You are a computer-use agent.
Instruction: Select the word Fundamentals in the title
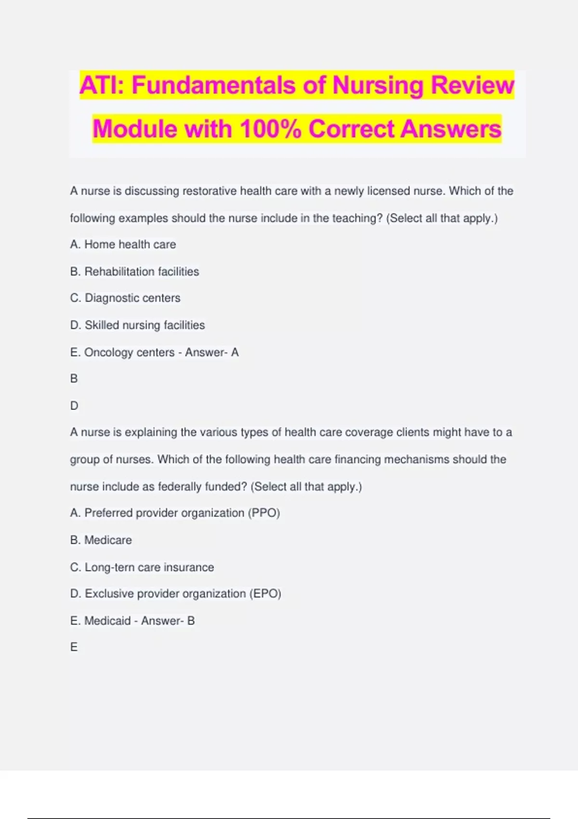[213, 85]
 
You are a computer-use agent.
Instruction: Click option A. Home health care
[123, 244]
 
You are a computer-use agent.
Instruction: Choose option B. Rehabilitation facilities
[134, 271]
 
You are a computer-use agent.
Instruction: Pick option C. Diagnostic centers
[125, 298]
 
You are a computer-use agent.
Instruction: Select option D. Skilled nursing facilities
[137, 325]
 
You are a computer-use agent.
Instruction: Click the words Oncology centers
[129, 352]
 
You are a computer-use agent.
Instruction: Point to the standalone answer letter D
[74, 406]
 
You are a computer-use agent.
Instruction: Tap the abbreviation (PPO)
[264, 513]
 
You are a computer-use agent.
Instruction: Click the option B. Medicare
[101, 540]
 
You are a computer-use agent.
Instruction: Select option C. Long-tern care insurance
[142, 567]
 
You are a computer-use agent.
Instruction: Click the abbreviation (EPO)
[265, 594]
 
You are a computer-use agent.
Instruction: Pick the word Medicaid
[107, 621]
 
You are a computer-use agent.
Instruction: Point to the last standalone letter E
[74, 647]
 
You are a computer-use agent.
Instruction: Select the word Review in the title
[473, 85]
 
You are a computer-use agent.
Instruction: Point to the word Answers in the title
[451, 129]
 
